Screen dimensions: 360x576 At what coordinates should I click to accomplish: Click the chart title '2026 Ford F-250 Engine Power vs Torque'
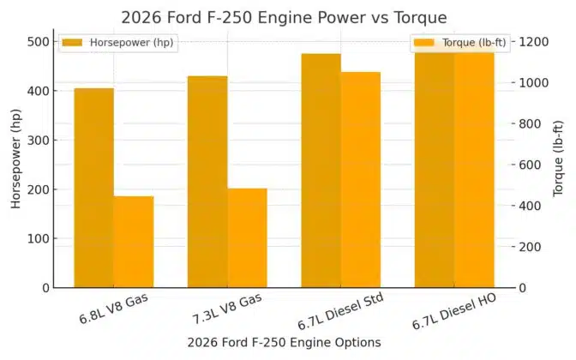(284, 17)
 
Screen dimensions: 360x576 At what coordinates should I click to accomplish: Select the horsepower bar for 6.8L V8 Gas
(93, 188)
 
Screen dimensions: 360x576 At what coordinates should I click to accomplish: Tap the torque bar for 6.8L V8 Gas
(134, 242)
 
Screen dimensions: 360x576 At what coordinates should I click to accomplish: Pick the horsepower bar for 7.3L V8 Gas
(207, 182)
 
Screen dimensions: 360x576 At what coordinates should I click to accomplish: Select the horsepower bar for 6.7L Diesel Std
(321, 171)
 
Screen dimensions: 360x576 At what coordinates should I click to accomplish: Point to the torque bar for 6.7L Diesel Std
(360, 180)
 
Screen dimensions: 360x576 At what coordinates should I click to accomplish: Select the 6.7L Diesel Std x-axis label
(340, 310)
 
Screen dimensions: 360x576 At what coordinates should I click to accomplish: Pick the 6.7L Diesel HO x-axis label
(454, 310)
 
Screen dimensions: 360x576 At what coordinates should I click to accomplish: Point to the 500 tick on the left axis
(39, 41)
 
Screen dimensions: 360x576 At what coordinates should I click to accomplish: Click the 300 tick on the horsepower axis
(39, 140)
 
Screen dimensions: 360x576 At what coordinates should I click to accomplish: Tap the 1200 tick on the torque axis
(533, 41)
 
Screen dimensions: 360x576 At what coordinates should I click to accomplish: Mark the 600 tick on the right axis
(530, 165)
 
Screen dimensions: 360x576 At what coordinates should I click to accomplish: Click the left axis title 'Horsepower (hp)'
(16, 164)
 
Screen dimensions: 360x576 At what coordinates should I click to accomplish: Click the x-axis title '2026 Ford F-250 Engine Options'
(284, 342)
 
